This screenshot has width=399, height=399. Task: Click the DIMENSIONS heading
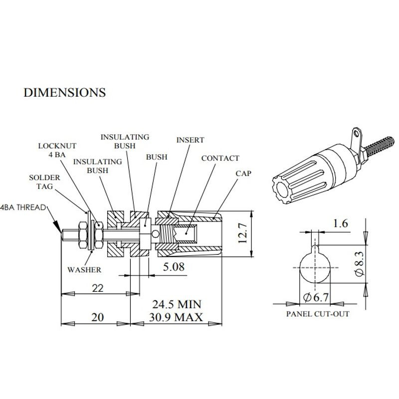tap(65, 92)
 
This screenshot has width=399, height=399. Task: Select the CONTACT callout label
tap(220, 158)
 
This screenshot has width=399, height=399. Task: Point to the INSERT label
tap(190, 140)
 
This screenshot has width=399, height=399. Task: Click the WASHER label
tap(84, 270)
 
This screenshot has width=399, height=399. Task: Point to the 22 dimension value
tap(98, 287)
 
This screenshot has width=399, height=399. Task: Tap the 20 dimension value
tap(98, 318)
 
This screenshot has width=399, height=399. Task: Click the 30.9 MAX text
tap(176, 317)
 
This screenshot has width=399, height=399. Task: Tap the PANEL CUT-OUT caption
tap(318, 314)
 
